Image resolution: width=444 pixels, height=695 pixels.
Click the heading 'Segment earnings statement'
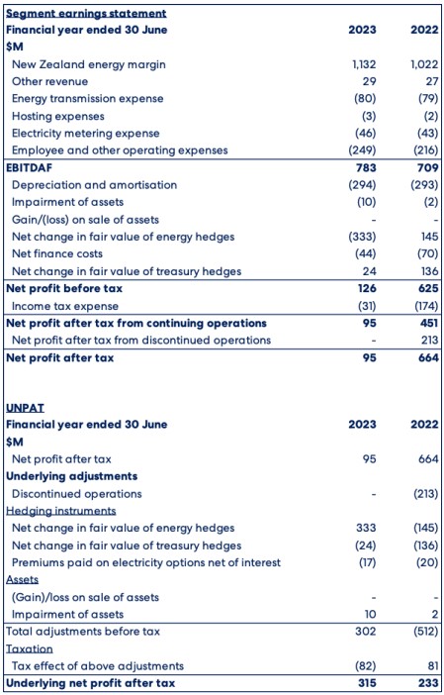[x=86, y=13]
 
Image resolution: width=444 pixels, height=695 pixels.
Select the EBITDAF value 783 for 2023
[x=365, y=167]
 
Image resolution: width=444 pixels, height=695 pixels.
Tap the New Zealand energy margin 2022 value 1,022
[x=424, y=64]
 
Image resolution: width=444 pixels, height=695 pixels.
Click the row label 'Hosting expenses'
[x=58, y=116]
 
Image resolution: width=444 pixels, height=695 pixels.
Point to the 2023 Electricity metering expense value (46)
[x=365, y=134]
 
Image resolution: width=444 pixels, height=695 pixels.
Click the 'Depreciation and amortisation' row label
[x=94, y=185]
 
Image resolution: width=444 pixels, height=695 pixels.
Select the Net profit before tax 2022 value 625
[x=428, y=288]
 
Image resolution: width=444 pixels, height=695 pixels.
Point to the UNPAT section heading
[x=26, y=407]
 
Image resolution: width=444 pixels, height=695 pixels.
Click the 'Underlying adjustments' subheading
[x=72, y=476]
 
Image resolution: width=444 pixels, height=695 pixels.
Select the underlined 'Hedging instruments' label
[x=61, y=511]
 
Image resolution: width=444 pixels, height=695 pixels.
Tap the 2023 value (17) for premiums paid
[x=366, y=562]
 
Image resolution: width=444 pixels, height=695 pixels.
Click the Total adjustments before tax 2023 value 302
[x=366, y=632]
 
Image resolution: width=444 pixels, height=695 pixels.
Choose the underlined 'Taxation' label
[x=30, y=648]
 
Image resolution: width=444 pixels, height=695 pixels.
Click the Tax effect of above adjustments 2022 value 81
[x=432, y=665]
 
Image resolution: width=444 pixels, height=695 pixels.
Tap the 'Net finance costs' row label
[x=57, y=254]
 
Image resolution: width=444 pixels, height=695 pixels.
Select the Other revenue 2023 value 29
[x=369, y=81]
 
